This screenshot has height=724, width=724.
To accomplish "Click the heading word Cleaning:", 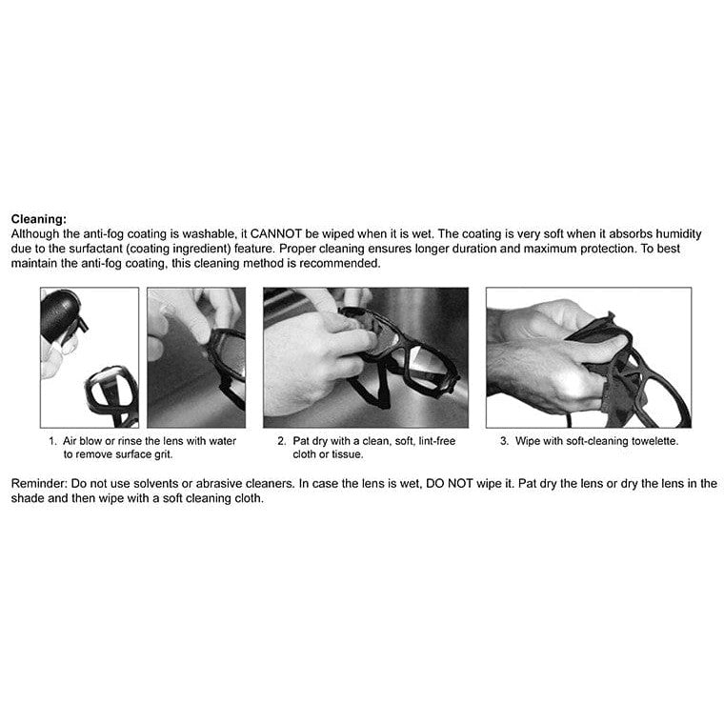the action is pos(39,219).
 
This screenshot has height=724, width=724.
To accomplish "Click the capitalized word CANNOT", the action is pos(275,233).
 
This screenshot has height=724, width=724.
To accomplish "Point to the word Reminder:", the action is pos(39,483).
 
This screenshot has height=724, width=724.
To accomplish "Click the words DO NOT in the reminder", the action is pos(450,483).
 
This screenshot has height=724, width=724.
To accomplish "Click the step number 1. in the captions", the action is pos(52,441).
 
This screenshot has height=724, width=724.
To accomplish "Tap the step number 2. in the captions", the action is pos(282,441).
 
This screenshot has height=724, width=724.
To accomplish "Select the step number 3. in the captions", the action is pos(504,441).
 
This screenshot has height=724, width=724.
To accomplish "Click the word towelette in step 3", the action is pos(654,441).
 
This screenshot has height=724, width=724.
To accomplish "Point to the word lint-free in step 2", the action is pos(437,441).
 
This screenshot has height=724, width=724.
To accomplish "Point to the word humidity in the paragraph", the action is pos(678,233).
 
